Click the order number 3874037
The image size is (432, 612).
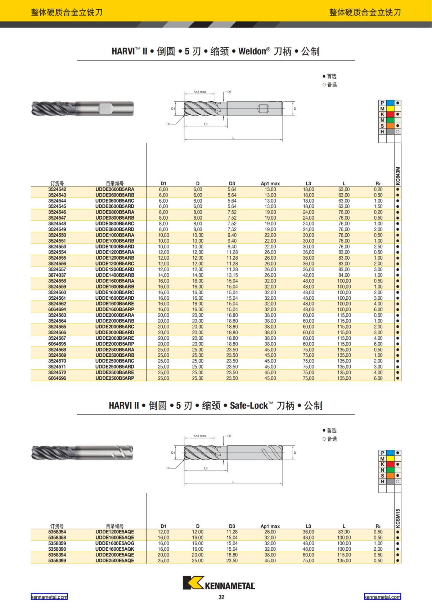click(x=57, y=275)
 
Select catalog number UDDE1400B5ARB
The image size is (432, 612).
click(x=114, y=275)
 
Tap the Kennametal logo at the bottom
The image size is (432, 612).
click(x=219, y=583)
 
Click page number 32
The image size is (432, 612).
click(x=221, y=597)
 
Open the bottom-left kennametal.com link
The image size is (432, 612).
click(x=49, y=597)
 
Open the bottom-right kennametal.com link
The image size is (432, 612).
click(x=382, y=597)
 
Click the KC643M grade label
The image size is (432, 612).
click(x=398, y=175)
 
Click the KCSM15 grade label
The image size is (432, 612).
click(x=398, y=518)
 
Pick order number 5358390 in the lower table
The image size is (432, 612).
click(x=57, y=549)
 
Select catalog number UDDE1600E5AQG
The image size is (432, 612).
click(x=114, y=543)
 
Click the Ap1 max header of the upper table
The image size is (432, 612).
click(x=270, y=184)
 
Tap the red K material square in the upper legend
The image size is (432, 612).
click(x=390, y=114)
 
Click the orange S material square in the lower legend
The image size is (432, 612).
click(x=390, y=476)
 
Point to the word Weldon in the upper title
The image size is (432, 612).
click(x=252, y=51)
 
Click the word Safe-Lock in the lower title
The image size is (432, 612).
click(x=249, y=406)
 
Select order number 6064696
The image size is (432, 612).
click(x=57, y=378)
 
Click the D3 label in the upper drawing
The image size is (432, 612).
click(x=229, y=92)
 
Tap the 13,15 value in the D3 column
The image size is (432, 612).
click(x=232, y=275)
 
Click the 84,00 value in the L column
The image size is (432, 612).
click(x=344, y=275)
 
